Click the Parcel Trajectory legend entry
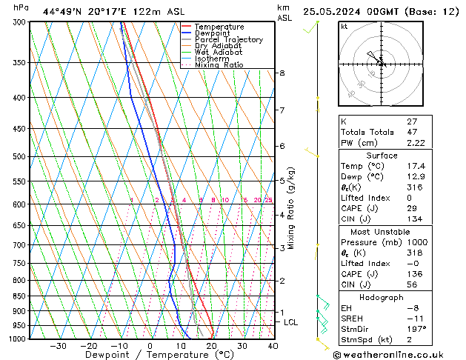click(228, 39)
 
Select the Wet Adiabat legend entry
click(218, 53)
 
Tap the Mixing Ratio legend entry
click(219, 65)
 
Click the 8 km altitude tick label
click(282, 73)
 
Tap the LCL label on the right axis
click(291, 322)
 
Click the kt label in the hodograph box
click(344, 27)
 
